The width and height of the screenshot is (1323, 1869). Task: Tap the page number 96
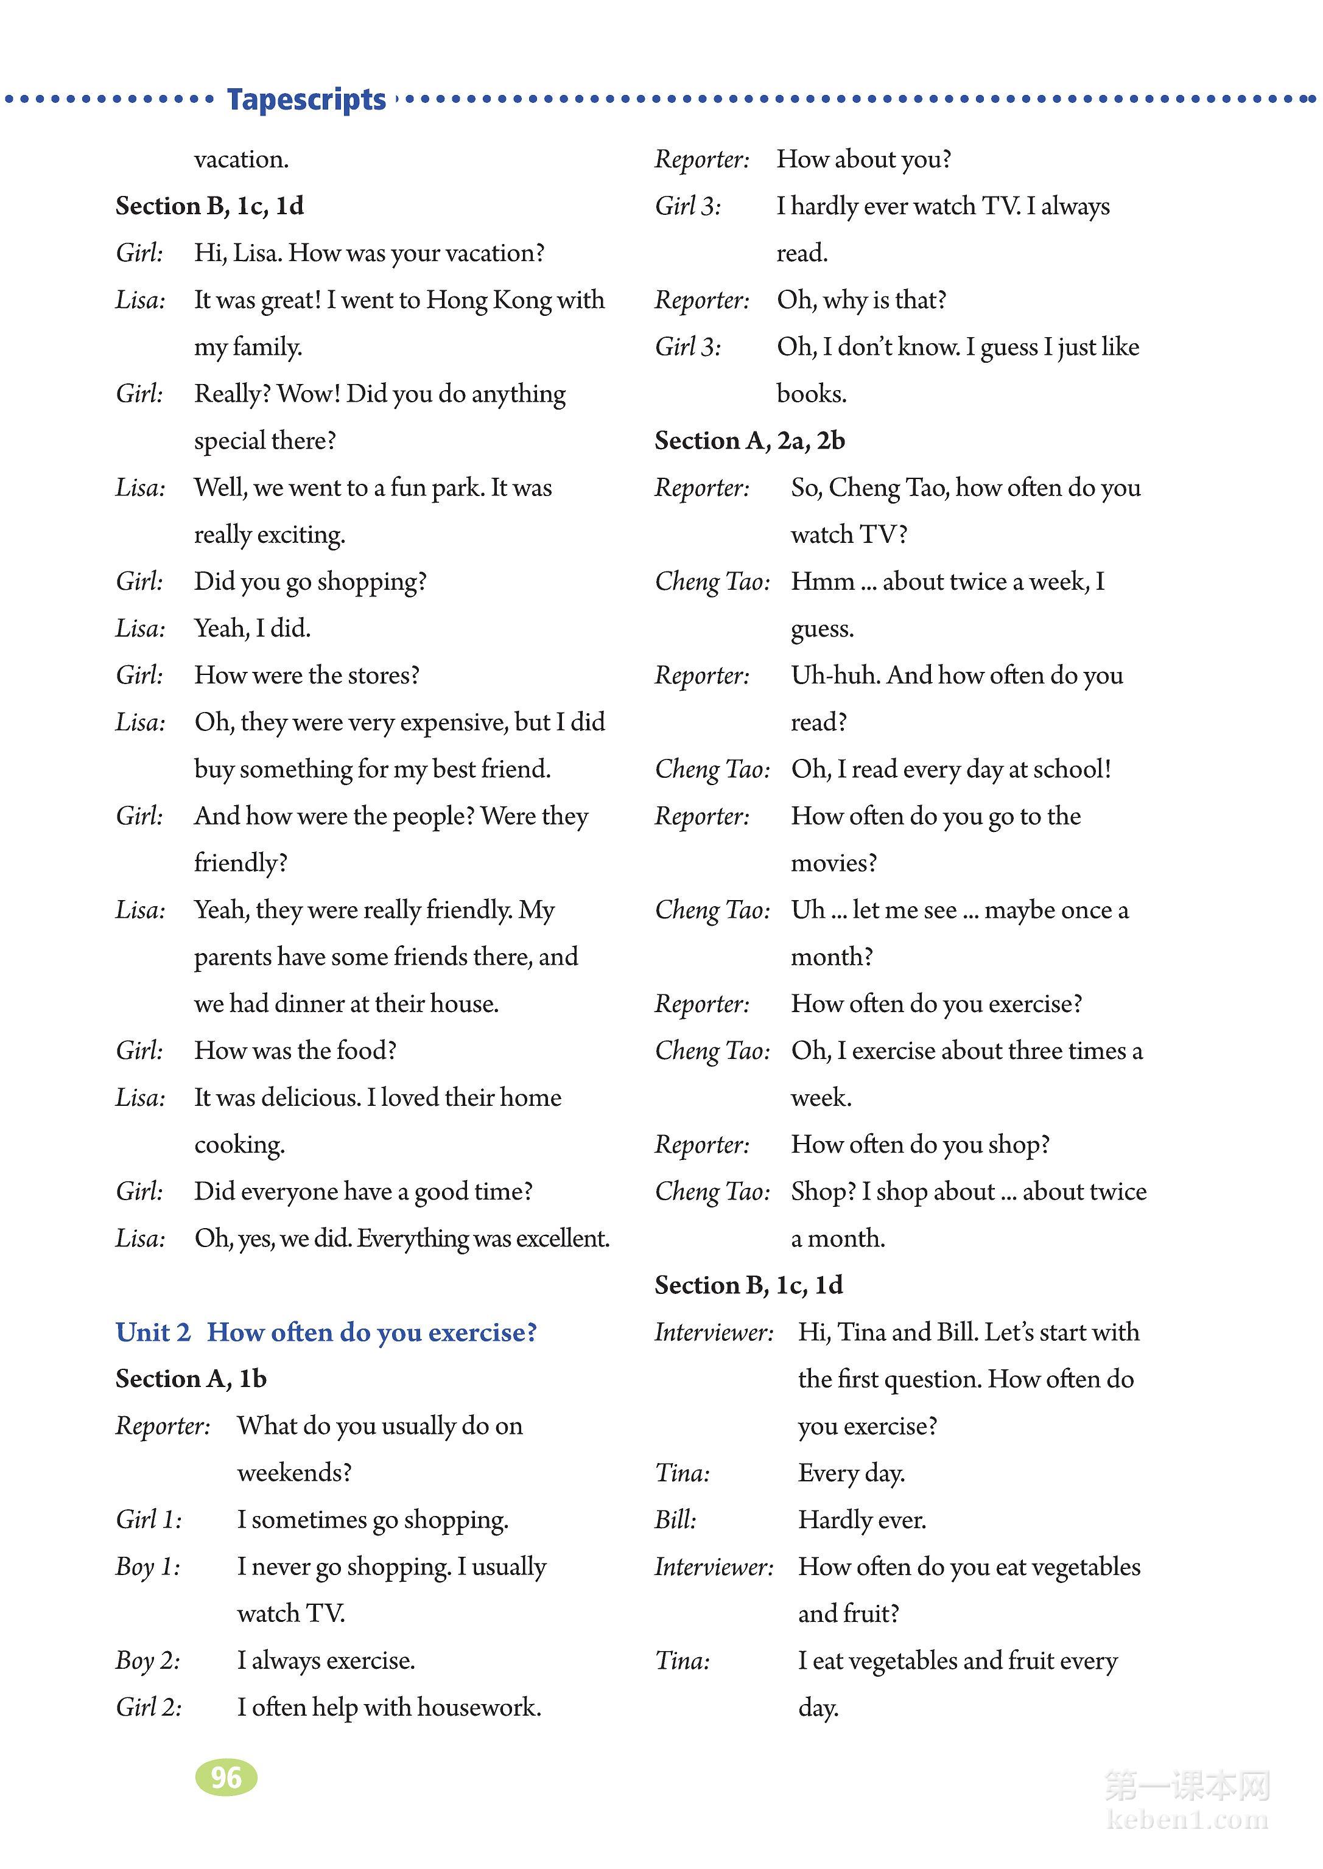(226, 1777)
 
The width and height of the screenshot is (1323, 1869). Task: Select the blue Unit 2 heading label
(153, 1332)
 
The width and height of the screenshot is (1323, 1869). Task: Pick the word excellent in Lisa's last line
(562, 1238)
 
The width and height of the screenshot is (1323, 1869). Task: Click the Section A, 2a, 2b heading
(749, 441)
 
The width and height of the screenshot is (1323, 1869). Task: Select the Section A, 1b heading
(191, 1378)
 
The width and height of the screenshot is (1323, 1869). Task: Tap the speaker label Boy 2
(147, 1660)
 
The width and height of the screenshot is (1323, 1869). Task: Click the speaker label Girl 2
(149, 1708)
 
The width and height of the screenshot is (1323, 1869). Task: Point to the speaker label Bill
(675, 1520)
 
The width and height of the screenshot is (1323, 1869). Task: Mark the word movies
(833, 863)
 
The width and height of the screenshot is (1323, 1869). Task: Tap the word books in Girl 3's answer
(810, 394)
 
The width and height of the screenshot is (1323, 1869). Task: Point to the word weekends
(293, 1473)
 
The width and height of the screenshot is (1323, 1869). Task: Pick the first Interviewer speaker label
(714, 1332)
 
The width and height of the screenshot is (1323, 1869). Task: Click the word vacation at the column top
(241, 159)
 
